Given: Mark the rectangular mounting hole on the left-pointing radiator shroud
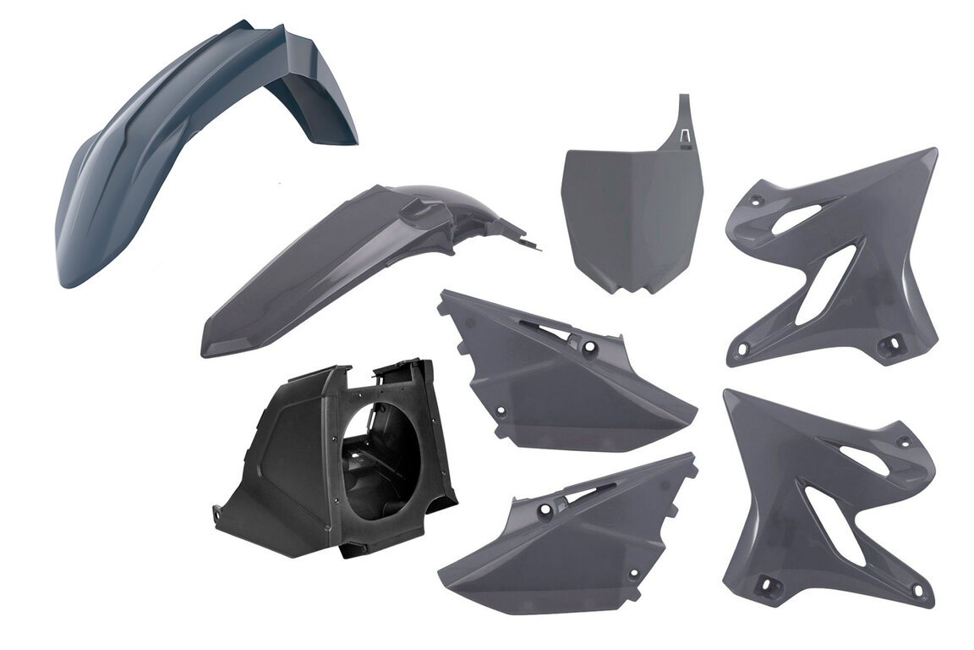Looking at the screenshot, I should [769, 583].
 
